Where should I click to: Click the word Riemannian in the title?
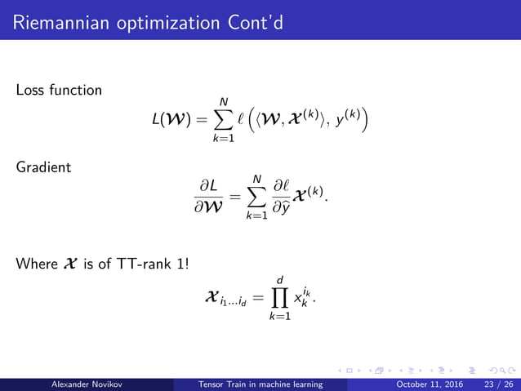click(x=56, y=19)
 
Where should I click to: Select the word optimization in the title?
click(x=161, y=20)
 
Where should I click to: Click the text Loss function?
click(x=59, y=90)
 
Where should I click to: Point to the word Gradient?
click(x=42, y=167)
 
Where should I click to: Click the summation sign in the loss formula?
click(x=218, y=121)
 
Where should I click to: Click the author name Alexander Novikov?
click(x=86, y=384)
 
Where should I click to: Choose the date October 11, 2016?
click(x=430, y=384)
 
